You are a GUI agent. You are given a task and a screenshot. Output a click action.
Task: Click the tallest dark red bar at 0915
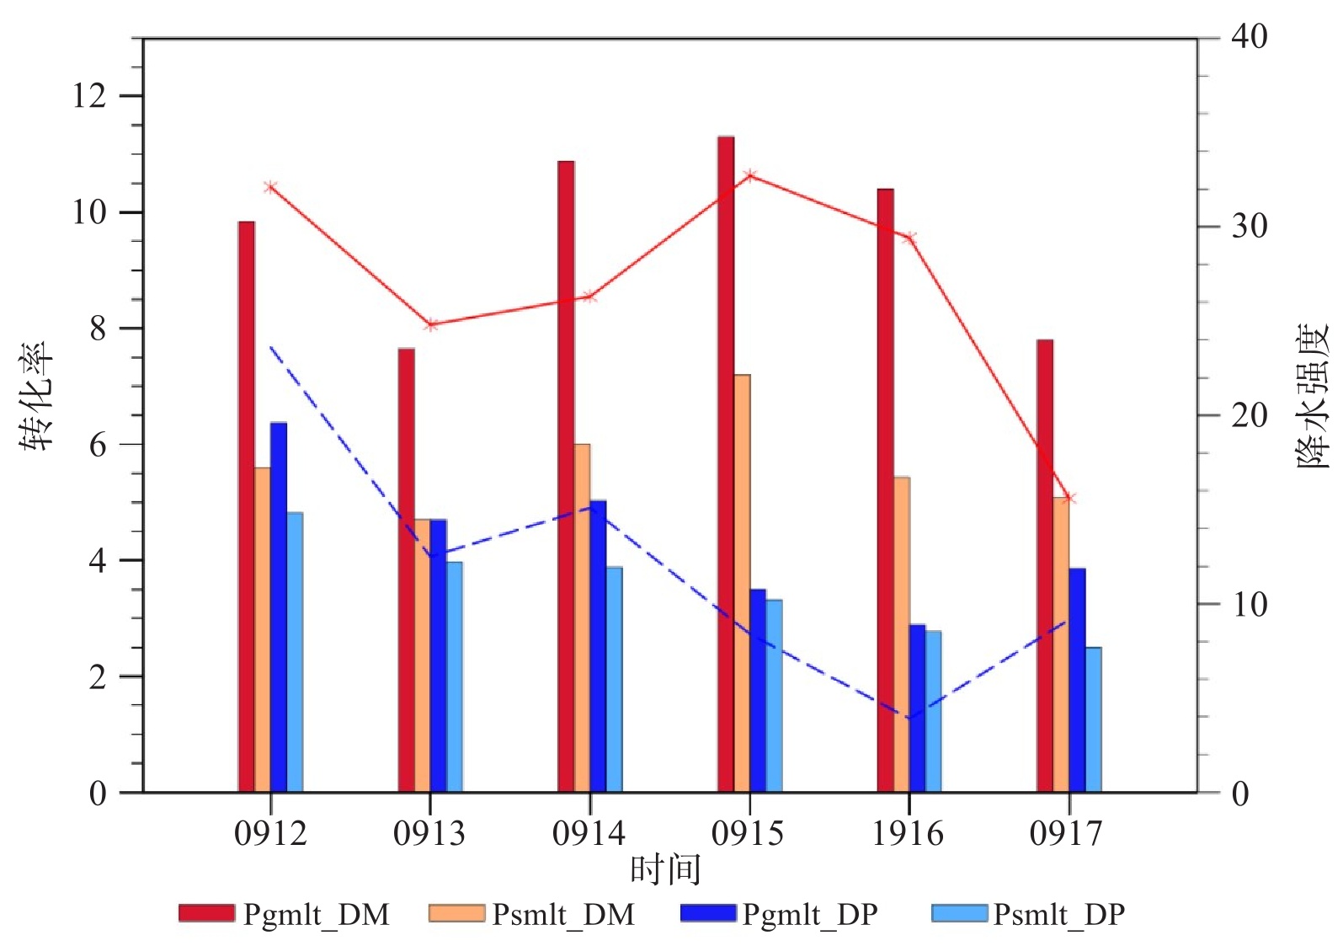click(726, 464)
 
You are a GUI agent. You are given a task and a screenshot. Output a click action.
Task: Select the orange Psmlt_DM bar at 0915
click(742, 583)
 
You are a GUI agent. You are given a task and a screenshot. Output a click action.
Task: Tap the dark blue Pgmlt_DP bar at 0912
click(278, 607)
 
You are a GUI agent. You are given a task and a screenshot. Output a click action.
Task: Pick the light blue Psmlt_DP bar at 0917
click(1093, 720)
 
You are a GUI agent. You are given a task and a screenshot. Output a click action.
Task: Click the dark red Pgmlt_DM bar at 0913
click(406, 570)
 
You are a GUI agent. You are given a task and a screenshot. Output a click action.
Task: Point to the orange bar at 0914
click(582, 617)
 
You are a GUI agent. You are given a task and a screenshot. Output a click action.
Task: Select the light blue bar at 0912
click(295, 652)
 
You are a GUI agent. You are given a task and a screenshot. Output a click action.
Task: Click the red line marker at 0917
click(1069, 498)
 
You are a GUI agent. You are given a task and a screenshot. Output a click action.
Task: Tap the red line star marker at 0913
click(430, 325)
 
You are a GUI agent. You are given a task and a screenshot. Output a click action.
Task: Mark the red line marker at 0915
click(750, 176)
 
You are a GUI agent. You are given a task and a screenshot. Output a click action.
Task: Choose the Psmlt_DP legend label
click(1058, 914)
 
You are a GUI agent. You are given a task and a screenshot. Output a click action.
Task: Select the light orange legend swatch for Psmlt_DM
click(457, 912)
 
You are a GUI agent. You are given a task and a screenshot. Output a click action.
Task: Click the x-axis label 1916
click(908, 834)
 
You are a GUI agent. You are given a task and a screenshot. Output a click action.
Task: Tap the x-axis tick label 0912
click(270, 834)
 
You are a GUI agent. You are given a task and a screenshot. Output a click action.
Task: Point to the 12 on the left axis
click(89, 96)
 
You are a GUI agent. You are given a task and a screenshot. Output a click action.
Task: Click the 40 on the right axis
click(1250, 37)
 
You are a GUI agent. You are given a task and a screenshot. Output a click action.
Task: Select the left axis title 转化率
click(37, 396)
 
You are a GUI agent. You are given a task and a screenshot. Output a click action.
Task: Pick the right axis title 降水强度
click(1313, 396)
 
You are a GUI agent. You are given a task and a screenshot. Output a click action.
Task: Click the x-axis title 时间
click(665, 870)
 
